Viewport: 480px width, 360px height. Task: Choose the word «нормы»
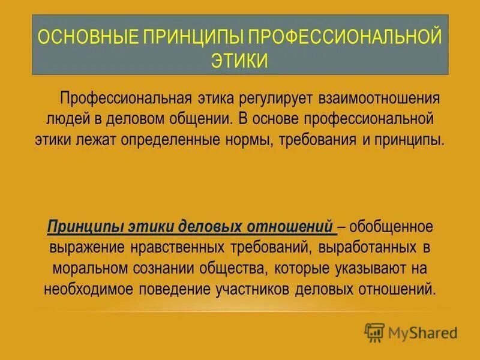253,140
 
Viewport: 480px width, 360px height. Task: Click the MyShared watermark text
422,332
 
